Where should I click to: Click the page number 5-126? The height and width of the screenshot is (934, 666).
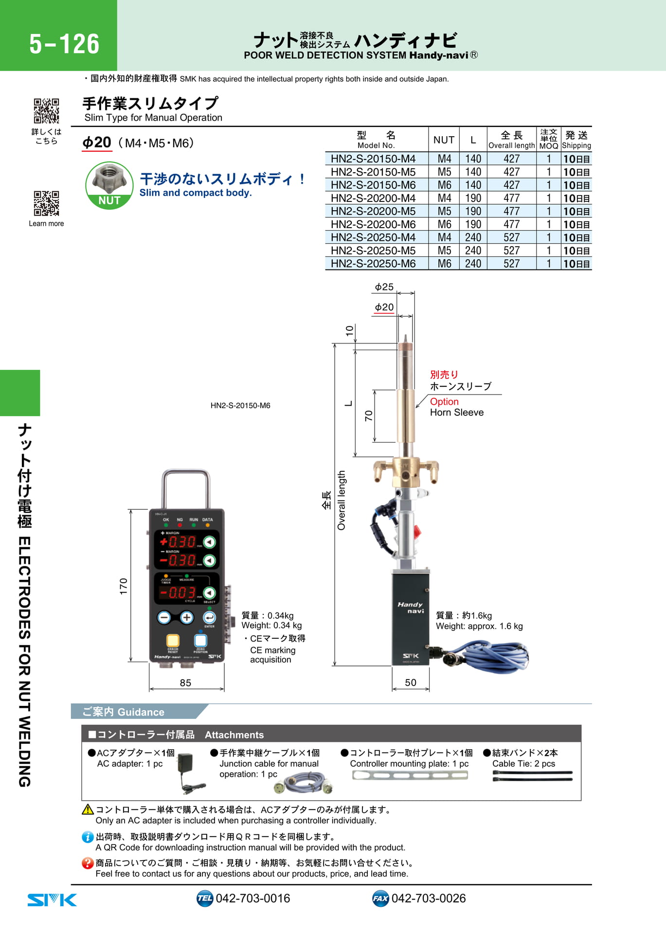pyautogui.click(x=64, y=44)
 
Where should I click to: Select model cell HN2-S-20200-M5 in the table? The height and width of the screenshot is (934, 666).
pyautogui.click(x=373, y=211)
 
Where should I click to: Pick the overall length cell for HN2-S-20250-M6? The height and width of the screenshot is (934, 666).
pyautogui.click(x=511, y=264)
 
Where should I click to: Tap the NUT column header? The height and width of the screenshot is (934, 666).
pyautogui.click(x=444, y=140)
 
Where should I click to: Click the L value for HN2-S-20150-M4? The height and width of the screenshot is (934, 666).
pyautogui.click(x=473, y=159)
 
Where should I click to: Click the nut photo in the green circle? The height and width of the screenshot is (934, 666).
pyautogui.click(x=109, y=179)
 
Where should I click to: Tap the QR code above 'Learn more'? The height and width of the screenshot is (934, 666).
pyautogui.click(x=46, y=203)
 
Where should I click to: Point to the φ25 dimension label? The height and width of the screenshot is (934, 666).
pyautogui.click(x=384, y=287)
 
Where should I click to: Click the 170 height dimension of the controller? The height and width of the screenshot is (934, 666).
pyautogui.click(x=124, y=586)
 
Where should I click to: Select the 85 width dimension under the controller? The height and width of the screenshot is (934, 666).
pyautogui.click(x=185, y=683)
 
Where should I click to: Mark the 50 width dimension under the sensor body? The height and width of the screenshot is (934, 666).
pyautogui.click(x=411, y=683)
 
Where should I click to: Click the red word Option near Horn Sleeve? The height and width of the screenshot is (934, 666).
pyautogui.click(x=444, y=401)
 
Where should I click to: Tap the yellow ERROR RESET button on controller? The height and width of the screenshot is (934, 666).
pyautogui.click(x=173, y=640)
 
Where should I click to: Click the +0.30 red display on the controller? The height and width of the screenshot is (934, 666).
pyautogui.click(x=178, y=541)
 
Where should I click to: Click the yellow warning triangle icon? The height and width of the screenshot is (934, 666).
pyautogui.click(x=88, y=809)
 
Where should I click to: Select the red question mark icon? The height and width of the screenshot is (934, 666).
pyautogui.click(x=88, y=863)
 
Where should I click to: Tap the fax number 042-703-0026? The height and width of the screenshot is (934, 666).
pyautogui.click(x=429, y=898)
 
